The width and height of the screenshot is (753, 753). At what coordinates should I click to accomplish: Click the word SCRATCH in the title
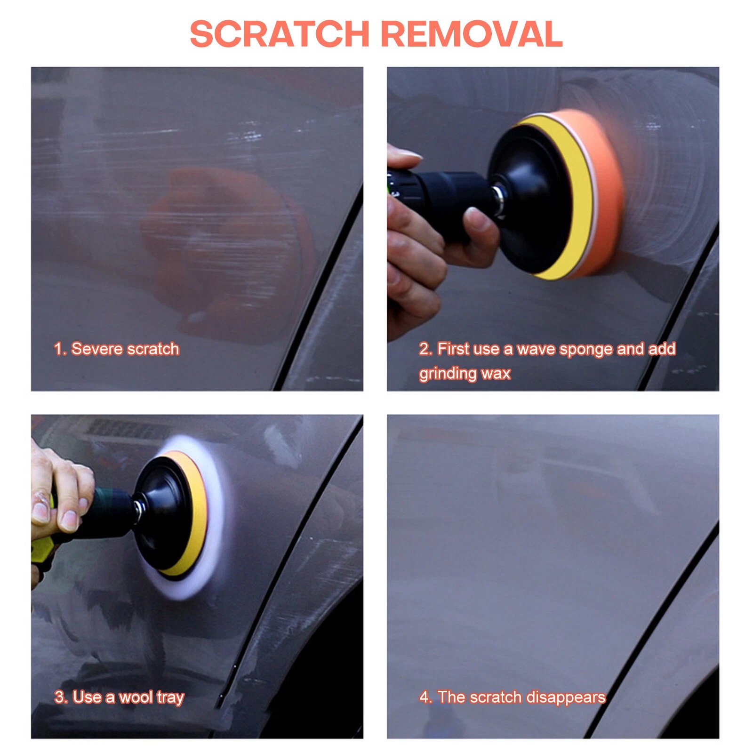pyautogui.click(x=280, y=34)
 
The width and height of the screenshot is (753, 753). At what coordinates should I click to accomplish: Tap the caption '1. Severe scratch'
pyautogui.click(x=116, y=349)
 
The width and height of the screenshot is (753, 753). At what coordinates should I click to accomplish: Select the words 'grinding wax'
pyautogui.click(x=465, y=373)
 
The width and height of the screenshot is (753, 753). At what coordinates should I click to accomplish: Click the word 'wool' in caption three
pyautogui.click(x=136, y=697)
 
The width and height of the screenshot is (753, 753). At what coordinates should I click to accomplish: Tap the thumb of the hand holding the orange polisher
pyautogui.click(x=480, y=226)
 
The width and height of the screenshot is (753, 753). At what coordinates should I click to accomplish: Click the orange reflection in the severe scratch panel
pyautogui.click(x=226, y=245)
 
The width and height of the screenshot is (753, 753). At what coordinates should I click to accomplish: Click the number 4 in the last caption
pyautogui.click(x=424, y=697)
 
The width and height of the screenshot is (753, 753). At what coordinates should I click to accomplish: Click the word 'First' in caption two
pyautogui.click(x=454, y=349)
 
